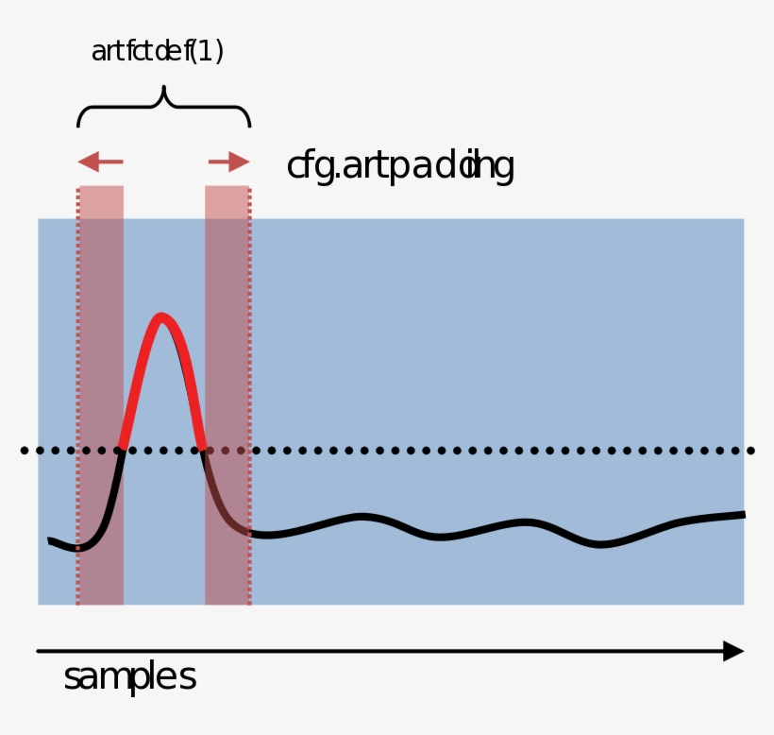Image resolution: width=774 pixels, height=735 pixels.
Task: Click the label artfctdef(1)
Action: [157, 52]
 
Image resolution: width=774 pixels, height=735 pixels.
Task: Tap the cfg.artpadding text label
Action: [399, 166]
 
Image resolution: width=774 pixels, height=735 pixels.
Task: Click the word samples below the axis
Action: [129, 677]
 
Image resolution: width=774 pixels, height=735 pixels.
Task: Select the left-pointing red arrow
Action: [99, 162]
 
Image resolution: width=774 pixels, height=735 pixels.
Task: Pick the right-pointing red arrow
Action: [229, 162]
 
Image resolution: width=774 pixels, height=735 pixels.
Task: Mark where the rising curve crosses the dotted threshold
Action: [123, 450]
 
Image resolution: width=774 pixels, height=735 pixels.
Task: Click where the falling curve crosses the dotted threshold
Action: [203, 450]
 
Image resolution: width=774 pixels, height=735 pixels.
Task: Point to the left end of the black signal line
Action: [51, 540]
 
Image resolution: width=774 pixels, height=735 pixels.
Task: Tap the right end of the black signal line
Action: [744, 515]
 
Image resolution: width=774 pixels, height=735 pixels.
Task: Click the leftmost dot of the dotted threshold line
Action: [25, 451]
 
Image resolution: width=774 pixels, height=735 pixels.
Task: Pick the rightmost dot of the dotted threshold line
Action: [750, 451]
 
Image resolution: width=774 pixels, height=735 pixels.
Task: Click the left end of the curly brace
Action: [78, 125]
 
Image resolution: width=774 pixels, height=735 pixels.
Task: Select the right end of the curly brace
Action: [250, 125]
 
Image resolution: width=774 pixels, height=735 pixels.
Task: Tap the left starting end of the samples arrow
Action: [39, 651]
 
